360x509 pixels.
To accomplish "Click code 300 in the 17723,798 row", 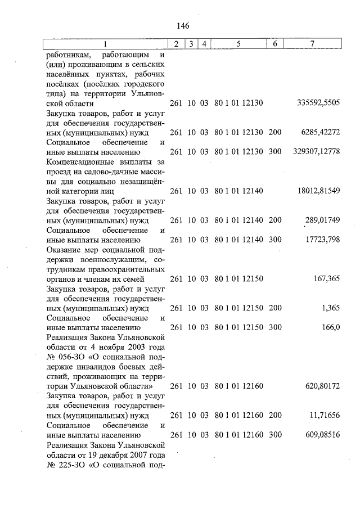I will [x=274, y=240].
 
